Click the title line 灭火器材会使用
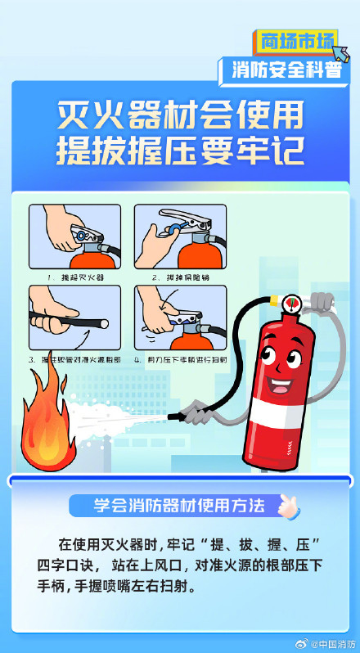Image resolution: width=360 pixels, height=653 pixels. point(180,115)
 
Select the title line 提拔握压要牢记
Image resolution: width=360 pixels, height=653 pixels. point(180,152)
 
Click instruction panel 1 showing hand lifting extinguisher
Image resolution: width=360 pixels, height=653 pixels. point(74,236)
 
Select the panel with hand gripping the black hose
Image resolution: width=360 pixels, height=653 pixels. point(74,319)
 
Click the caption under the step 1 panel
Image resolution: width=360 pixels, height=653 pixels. point(74,277)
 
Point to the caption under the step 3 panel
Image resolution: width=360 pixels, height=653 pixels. point(74,360)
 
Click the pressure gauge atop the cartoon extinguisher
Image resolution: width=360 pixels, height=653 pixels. point(290,304)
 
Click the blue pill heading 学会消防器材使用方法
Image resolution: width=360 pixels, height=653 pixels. point(169,506)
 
